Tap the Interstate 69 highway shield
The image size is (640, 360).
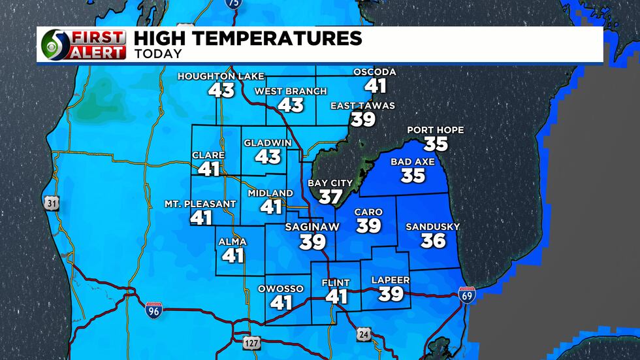tap(467, 294)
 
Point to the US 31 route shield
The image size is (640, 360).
tap(52, 203)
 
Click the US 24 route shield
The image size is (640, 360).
tap(363, 335)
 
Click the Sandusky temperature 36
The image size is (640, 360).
tap(433, 240)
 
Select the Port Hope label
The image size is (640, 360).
tap(436, 130)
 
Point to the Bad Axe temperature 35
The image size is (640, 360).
tap(413, 175)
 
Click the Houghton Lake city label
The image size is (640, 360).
tap(221, 76)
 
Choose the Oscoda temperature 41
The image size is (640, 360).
tap(376, 86)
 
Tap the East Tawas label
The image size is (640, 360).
tap(362, 106)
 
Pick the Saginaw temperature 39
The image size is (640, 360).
tap(313, 242)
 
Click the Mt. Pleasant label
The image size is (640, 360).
tap(200, 204)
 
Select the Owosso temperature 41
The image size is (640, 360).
tap(281, 303)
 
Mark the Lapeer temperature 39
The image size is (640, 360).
tap(391, 294)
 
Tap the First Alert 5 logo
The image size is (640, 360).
tap(83, 45)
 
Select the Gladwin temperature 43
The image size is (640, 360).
tap(268, 156)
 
